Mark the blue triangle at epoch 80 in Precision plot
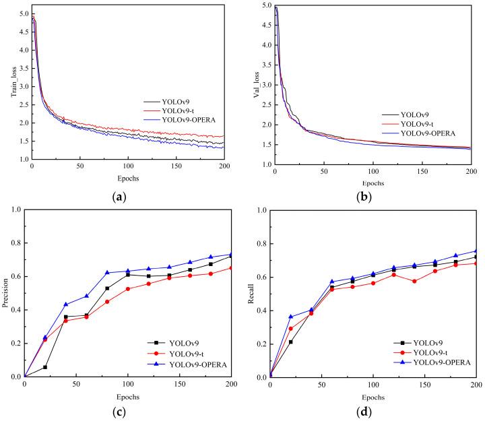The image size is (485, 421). [x=107, y=273]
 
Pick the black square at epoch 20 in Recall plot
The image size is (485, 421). [x=291, y=342]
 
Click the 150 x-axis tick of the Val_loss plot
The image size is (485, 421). [x=424, y=172]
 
